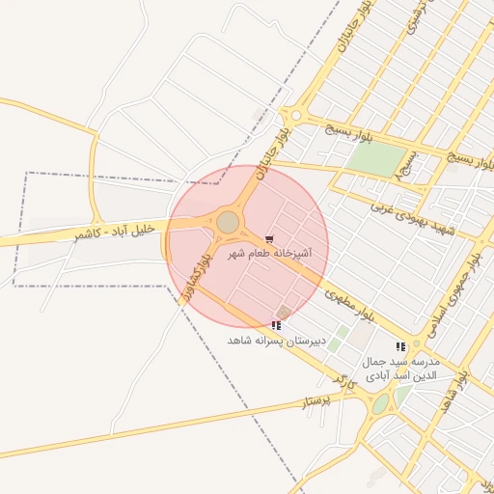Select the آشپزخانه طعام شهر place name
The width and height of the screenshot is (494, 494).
point(269,254)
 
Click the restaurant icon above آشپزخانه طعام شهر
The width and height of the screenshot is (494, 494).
point(269,238)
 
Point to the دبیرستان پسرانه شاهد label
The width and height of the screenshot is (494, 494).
point(273,341)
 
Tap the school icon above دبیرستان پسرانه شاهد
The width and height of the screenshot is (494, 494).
point(277,326)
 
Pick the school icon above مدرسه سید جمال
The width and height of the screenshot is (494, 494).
point(400,347)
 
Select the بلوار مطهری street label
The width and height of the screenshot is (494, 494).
point(349,302)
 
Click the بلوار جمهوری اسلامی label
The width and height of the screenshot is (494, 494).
point(454,288)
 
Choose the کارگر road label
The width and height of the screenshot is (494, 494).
point(343,384)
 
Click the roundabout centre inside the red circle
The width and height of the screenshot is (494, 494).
point(228,223)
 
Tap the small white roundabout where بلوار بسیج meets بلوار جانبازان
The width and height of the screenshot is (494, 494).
point(296,116)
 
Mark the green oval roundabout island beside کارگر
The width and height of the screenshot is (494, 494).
point(380,402)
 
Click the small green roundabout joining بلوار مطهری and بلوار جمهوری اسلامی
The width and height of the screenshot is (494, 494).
point(417,343)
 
